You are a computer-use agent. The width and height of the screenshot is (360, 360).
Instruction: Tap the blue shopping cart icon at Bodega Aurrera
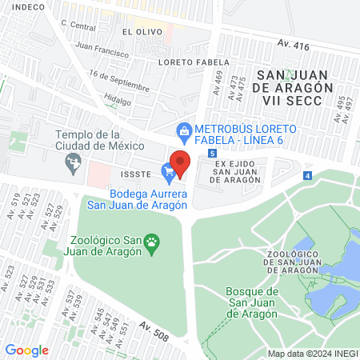point(168,170)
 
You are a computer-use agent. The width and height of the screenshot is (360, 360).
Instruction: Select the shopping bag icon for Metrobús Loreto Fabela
point(184,129)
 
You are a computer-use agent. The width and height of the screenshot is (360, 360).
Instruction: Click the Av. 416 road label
point(294,46)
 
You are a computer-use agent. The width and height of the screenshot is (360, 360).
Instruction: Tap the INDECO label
point(26,6)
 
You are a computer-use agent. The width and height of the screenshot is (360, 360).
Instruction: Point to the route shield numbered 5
point(211,153)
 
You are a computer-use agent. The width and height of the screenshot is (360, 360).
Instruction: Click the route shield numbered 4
point(308,174)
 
